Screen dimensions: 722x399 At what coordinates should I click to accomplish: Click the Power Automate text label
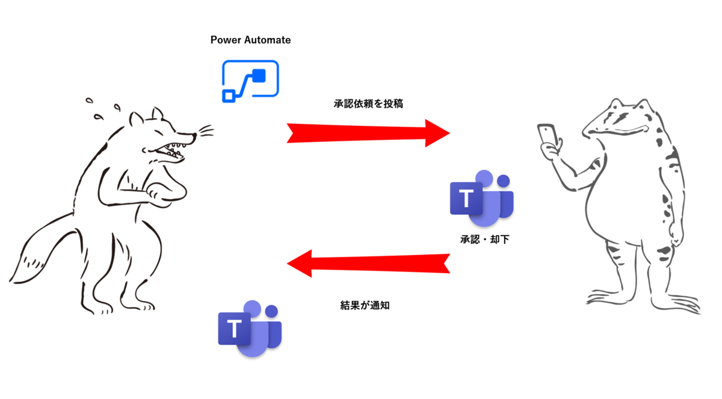250,40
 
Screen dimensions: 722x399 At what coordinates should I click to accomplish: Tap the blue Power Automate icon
250,81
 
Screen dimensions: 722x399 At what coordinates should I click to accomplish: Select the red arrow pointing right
368,133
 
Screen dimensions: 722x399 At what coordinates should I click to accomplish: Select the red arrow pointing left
368,264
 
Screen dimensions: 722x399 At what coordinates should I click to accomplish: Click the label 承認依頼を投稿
368,104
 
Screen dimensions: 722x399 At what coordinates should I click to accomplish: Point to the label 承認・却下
485,240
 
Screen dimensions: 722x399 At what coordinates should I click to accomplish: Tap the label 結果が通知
365,305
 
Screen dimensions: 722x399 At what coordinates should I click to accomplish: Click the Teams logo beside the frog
481,198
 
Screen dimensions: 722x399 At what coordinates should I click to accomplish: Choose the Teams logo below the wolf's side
250,329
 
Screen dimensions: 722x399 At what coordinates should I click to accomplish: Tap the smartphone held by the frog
548,134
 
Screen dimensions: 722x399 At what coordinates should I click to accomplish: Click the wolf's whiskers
206,131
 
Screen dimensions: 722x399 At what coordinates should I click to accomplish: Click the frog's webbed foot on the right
675,303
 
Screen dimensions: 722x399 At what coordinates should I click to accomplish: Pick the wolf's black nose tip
194,135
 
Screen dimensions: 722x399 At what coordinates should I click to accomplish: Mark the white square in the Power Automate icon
229,96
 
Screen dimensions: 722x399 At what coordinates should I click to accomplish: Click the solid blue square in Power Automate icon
259,76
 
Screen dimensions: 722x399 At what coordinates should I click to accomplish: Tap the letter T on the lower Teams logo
234,329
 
